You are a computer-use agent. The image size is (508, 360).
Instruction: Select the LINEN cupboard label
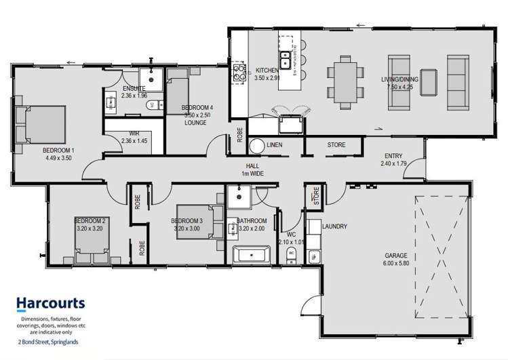pos(275,145)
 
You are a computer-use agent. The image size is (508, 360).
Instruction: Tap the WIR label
pos(133,133)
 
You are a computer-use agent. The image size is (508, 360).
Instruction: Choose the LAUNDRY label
pos(335,226)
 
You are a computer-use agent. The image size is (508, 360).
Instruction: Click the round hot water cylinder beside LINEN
pos(257,146)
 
